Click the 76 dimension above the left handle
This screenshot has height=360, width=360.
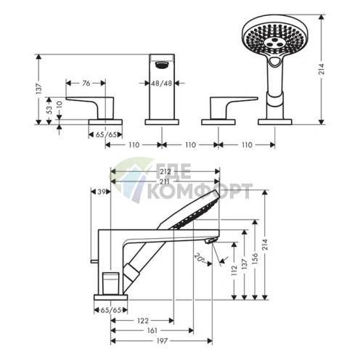click(x=86, y=84)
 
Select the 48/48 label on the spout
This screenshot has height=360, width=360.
click(x=162, y=84)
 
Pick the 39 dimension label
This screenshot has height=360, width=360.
click(x=102, y=192)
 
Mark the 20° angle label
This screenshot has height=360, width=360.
click(x=199, y=257)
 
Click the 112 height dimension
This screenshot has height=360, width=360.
click(x=234, y=271)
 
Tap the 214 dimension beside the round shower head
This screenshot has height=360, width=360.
click(x=332, y=70)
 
